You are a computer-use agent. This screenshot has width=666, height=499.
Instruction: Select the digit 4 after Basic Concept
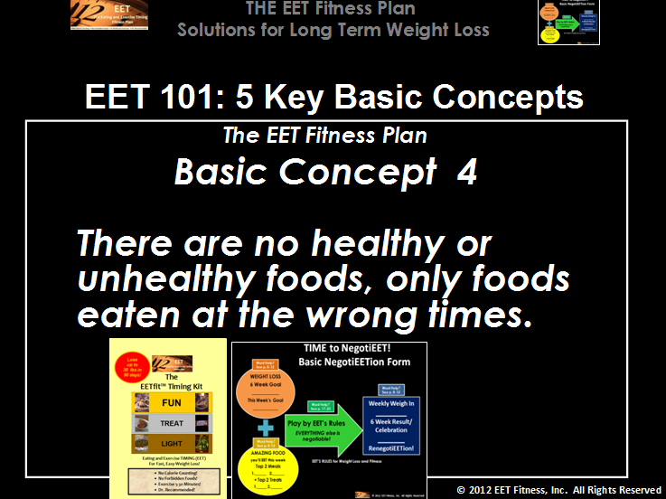point(467,173)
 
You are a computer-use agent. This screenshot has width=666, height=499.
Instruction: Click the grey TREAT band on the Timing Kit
point(172,423)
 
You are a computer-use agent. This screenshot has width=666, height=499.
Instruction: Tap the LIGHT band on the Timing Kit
point(172,444)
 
